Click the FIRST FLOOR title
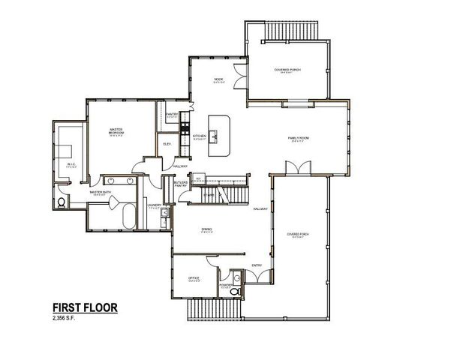tap(84, 308)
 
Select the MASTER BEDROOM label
tap(116, 132)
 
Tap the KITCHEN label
tap(199, 136)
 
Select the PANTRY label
tap(171, 115)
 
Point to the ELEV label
tap(167, 142)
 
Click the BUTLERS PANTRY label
tap(180, 184)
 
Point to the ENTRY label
tap(257, 265)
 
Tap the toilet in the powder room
tap(236, 291)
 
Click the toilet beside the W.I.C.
tap(60, 202)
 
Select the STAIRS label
tap(209, 195)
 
